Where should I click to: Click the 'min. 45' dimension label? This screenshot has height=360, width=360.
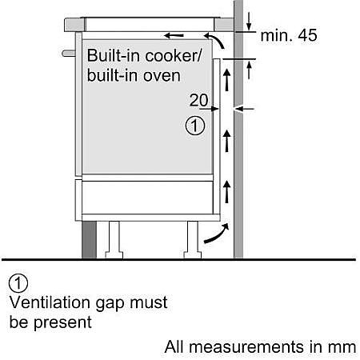click(289, 35)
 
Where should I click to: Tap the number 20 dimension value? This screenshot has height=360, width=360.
click(199, 100)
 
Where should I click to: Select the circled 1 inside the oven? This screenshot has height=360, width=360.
click(195, 126)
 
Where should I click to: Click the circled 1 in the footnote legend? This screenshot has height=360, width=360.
click(18, 283)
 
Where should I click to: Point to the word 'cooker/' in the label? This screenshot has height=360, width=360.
click(174, 56)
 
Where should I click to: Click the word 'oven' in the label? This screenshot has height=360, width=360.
click(162, 76)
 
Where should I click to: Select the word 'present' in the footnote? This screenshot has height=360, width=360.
click(62, 322)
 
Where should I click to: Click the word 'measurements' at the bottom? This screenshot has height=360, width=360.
click(247, 347)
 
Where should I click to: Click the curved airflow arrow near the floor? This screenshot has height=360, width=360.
click(217, 234)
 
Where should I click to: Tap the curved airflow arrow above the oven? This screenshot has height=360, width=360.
click(215, 41)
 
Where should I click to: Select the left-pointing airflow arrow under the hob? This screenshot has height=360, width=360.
click(174, 35)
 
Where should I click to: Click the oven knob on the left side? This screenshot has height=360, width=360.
click(69, 53)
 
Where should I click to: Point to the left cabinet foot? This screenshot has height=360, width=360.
click(114, 240)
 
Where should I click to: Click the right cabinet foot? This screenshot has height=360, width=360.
click(193, 240)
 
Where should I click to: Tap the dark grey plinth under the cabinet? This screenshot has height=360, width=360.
click(89, 240)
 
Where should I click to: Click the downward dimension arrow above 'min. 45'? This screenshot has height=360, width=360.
click(249, 22)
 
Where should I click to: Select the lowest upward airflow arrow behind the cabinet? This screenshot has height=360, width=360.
click(226, 191)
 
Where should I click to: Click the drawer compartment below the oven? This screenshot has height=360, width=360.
click(147, 198)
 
